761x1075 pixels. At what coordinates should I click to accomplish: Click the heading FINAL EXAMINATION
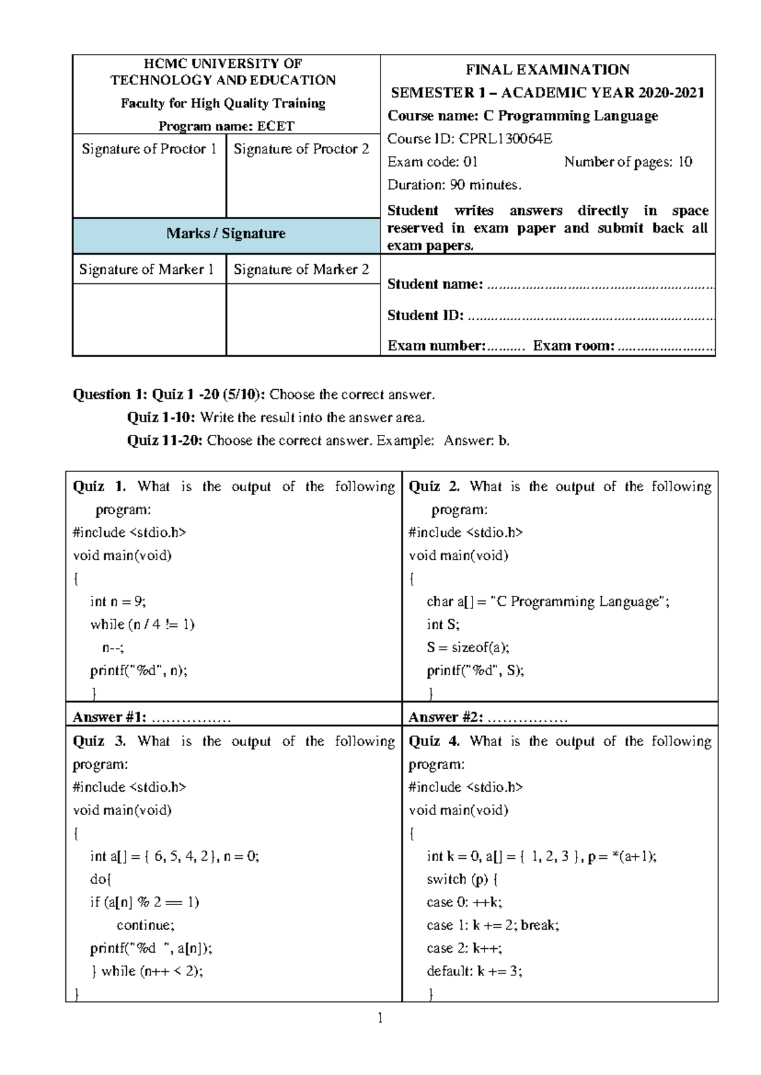(x=547, y=70)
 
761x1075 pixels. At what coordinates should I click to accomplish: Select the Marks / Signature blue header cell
(x=226, y=234)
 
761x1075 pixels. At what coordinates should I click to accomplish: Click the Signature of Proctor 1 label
(x=149, y=149)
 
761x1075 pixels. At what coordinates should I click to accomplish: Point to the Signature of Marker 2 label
(x=301, y=269)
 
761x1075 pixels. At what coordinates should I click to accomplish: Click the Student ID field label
(x=426, y=315)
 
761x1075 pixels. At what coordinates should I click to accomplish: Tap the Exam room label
(x=573, y=345)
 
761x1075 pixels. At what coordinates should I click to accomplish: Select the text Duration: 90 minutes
(x=454, y=185)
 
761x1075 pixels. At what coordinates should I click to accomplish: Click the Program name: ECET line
(x=226, y=126)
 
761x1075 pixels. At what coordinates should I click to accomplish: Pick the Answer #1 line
(x=151, y=718)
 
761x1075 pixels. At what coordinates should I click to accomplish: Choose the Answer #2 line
(x=487, y=718)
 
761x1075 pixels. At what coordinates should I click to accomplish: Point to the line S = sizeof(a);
(x=467, y=647)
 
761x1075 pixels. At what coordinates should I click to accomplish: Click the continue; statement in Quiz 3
(x=145, y=925)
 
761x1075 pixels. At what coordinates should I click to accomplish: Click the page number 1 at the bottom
(x=380, y=1019)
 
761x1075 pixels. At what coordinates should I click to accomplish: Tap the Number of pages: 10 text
(x=628, y=162)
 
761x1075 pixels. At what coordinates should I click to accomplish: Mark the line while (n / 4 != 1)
(x=142, y=624)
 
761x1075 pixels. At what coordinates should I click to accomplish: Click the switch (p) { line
(x=462, y=879)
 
